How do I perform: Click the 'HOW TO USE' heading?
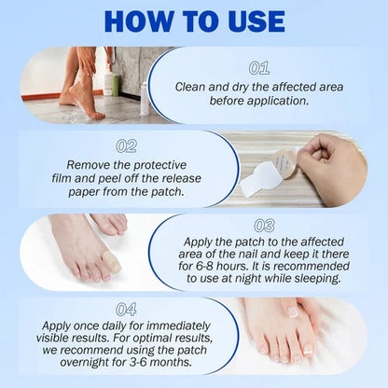pos(194,22)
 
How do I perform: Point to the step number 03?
pos(264,226)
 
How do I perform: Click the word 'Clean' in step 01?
pos(193,87)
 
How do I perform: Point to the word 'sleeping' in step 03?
pos(313,279)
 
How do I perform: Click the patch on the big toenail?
pos(111,264)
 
